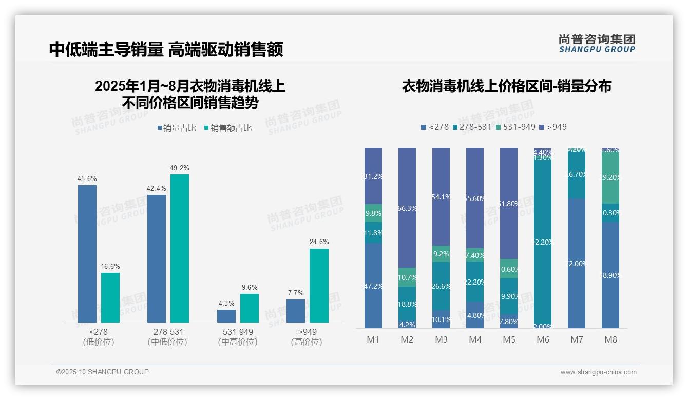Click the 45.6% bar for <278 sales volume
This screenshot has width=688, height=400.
pos(87,253)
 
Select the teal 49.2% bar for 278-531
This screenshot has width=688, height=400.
pos(179,248)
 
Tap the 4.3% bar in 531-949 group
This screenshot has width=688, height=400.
pos(226,316)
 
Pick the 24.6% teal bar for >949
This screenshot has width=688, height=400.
pos(319,286)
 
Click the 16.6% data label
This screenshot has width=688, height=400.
pos(110,267)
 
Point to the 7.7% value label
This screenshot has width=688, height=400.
pos(296,293)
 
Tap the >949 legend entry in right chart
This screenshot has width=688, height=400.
pos(557,127)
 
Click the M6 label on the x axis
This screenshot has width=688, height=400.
pos(543,339)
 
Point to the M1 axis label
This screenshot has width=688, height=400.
pos(373,339)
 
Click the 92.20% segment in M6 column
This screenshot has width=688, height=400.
pos(543,241)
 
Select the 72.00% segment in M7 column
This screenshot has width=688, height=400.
pos(577,263)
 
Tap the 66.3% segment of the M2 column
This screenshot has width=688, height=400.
pos(407,208)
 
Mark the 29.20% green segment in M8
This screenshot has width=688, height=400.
pos(610,177)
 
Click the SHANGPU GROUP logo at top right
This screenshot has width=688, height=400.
pos(597,43)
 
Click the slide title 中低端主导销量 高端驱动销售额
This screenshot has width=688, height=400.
pos(166,49)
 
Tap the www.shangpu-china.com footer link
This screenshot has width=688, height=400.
pos(598,372)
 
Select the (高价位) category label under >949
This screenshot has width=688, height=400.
pos(307,342)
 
